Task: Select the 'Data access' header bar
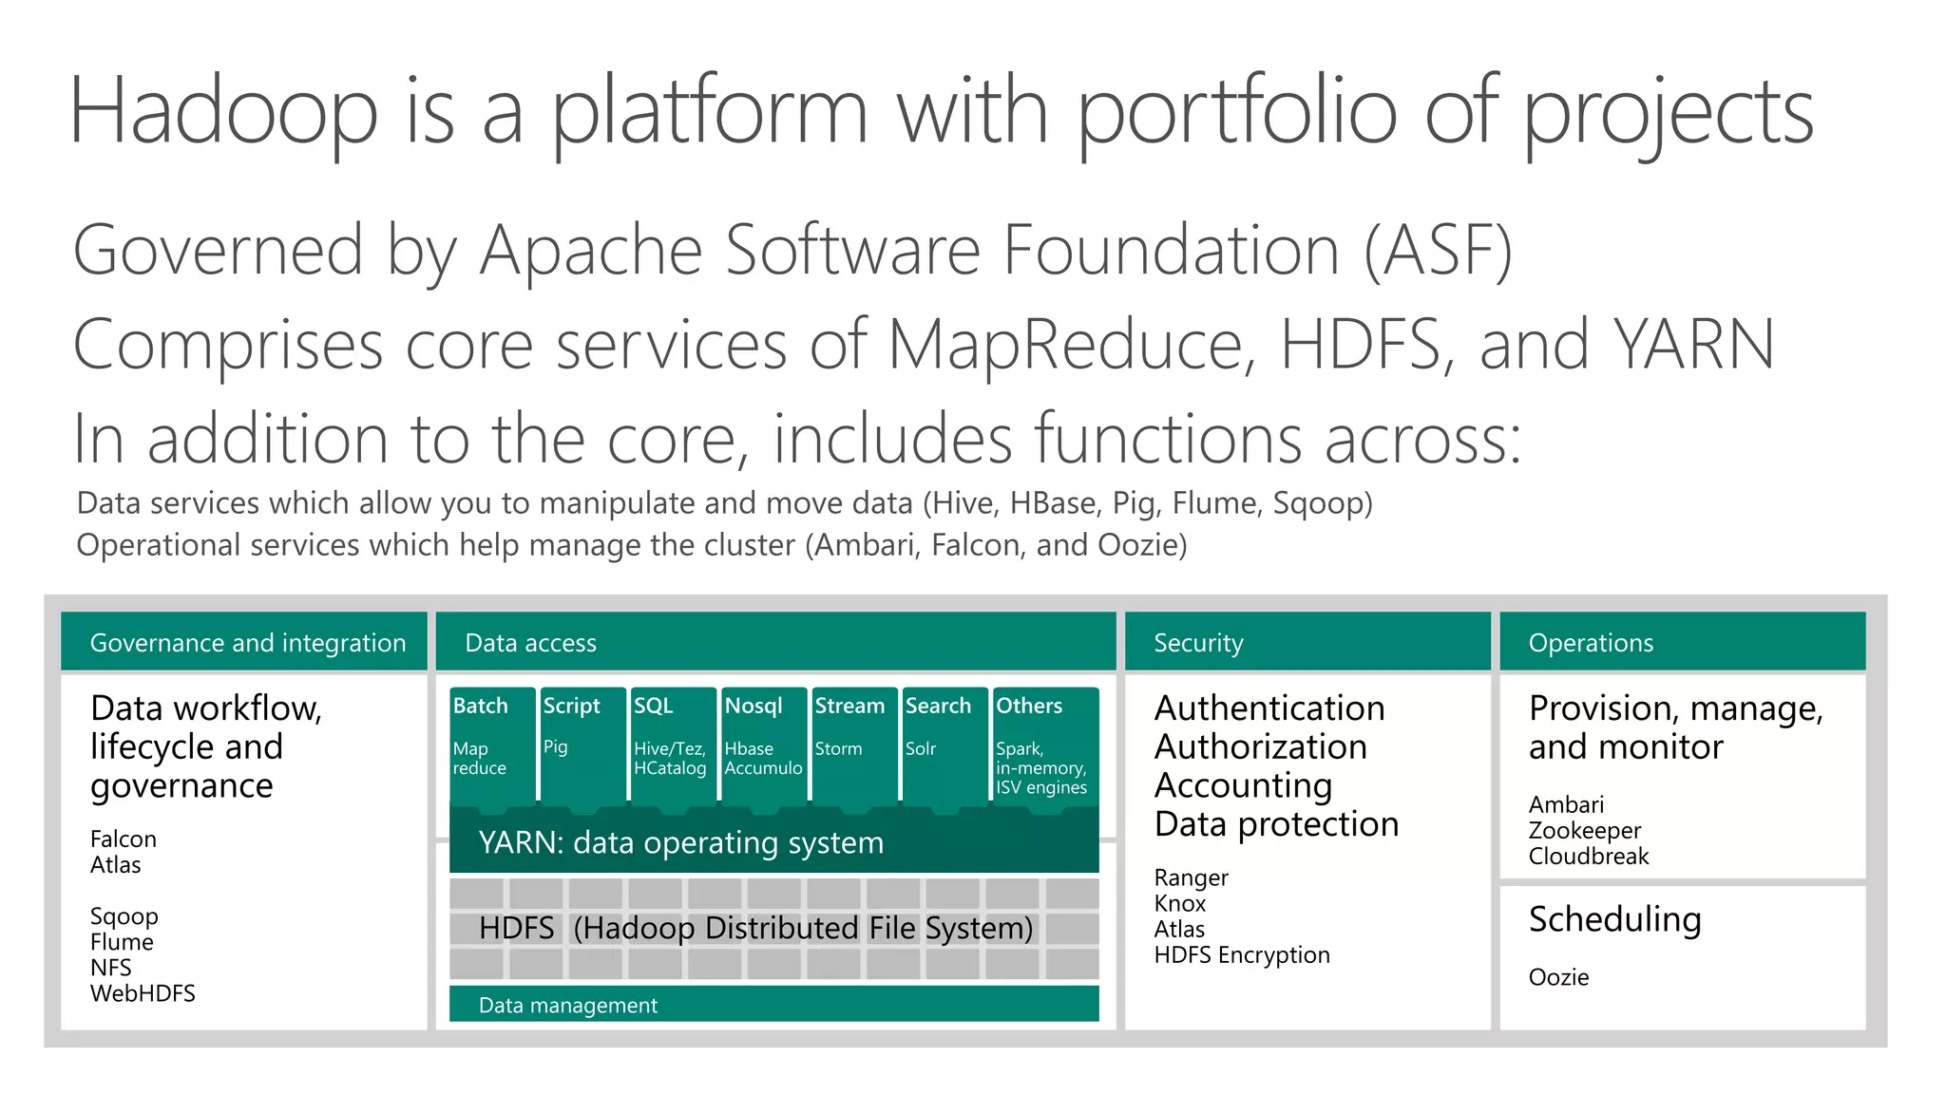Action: (774, 643)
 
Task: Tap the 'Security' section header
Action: (1307, 643)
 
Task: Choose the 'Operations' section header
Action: (1682, 643)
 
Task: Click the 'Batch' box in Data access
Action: (491, 745)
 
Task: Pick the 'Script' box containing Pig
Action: (582, 745)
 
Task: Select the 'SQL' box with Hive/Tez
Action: (673, 745)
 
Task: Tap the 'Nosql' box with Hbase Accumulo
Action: (763, 745)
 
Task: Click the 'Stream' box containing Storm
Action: (852, 745)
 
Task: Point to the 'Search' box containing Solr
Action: (944, 745)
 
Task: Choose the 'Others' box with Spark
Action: (1043, 745)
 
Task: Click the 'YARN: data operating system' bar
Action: (773, 842)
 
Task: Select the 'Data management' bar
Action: (773, 1005)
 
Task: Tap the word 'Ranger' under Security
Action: (1191, 878)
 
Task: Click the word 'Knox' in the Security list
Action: (1179, 904)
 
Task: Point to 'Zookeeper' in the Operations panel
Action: (1584, 831)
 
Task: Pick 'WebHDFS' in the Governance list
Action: (143, 994)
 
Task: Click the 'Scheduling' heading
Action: (1614, 919)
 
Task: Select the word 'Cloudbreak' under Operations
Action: (1588, 857)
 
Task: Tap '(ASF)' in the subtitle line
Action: (1438, 251)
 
